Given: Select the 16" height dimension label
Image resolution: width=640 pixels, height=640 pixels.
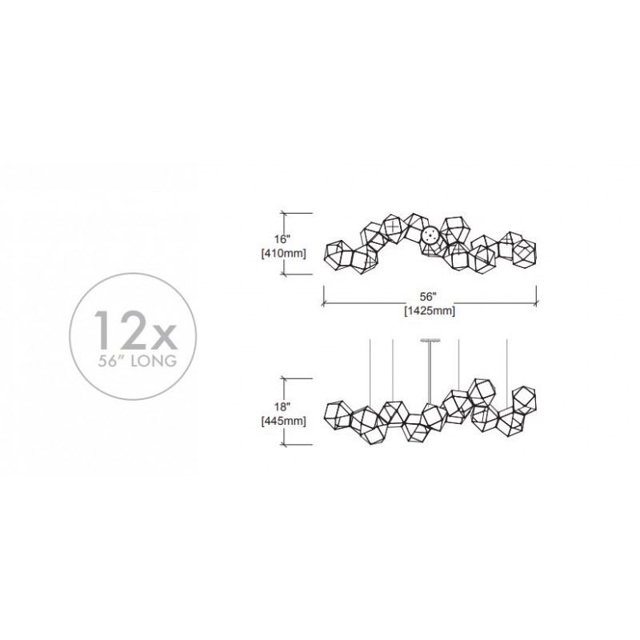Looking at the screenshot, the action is tap(282, 238).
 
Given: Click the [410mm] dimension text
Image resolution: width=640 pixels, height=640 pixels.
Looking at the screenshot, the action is tap(283, 254).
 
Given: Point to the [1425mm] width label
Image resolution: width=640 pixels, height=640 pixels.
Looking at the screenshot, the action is tap(430, 311).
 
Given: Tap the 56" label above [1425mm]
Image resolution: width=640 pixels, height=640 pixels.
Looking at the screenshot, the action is tap(429, 297).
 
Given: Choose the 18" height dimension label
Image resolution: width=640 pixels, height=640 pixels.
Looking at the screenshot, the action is tap(282, 406).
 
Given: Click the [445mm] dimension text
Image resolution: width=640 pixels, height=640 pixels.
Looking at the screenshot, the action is tap(283, 421).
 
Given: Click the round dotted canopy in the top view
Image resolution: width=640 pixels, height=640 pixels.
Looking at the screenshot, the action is tap(430, 236).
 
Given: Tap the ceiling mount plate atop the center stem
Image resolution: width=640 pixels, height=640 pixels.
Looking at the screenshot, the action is tap(430, 339).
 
